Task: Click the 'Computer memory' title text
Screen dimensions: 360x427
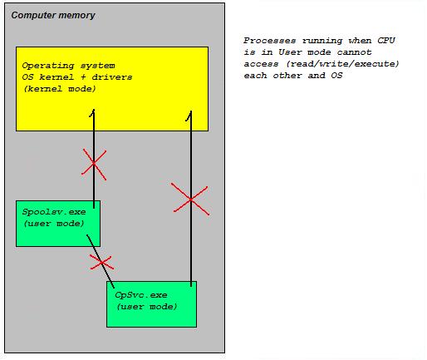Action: pyautogui.click(x=53, y=15)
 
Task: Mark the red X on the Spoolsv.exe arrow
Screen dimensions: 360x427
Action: pyautogui.click(x=94, y=163)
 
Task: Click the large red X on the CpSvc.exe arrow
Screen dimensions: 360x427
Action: pyautogui.click(x=190, y=199)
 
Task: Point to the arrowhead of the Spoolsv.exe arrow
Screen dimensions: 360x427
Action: pyautogui.click(x=94, y=111)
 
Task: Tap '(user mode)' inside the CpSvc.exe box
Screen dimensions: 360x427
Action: pyautogui.click(x=146, y=306)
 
